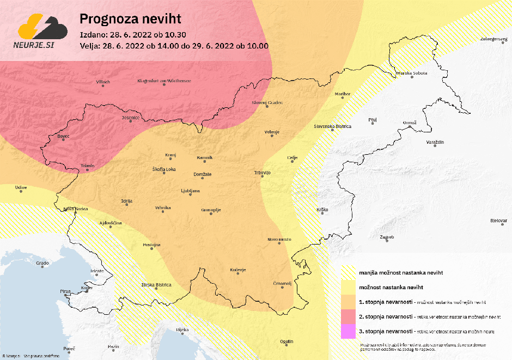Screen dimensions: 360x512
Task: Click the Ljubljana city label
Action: (x=191, y=191)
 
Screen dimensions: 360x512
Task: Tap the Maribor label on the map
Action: (x=343, y=94)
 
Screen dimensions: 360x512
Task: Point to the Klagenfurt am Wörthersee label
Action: (x=164, y=81)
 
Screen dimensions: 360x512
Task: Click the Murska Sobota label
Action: (x=411, y=72)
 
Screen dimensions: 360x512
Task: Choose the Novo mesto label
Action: (x=279, y=240)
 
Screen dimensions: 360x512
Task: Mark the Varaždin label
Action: (x=435, y=142)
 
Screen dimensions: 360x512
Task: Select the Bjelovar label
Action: (x=498, y=221)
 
